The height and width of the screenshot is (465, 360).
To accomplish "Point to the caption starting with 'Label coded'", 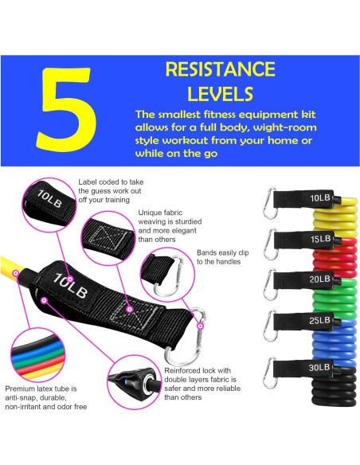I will (112, 191).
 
